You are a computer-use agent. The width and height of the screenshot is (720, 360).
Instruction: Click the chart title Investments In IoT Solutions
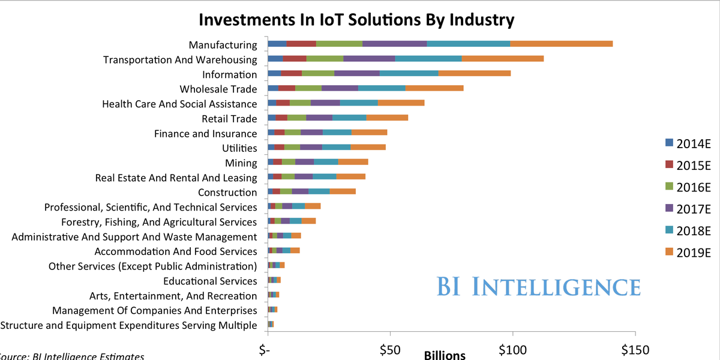pos(356,20)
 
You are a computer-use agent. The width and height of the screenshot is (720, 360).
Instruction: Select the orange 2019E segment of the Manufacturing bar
pos(561,44)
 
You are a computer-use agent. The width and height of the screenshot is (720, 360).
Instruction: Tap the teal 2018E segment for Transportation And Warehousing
pos(428,59)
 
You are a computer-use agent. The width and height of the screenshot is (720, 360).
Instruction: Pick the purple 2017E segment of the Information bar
pos(357,74)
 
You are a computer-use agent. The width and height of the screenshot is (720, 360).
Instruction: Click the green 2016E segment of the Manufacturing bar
pos(339,44)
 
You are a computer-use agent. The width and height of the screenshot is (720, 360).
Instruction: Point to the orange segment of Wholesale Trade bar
pos(434,88)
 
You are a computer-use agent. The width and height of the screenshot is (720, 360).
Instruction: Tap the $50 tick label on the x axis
pos(390,349)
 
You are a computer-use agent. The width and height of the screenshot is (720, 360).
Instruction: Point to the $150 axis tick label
pos(635,349)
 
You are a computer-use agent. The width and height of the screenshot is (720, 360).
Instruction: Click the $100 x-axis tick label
pos(512,349)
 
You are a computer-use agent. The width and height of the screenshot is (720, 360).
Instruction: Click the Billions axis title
pos(445,355)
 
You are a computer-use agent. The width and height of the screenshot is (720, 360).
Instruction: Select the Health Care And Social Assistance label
pos(179,104)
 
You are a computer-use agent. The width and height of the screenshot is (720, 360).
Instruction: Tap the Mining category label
pos(241,163)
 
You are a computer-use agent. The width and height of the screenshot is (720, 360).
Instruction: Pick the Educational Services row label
pos(210,281)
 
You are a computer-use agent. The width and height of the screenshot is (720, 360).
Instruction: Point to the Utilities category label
pos(239,148)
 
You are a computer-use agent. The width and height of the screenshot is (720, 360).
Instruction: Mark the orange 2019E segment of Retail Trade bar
pos(387,118)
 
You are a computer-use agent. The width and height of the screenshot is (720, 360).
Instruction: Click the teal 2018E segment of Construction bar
pos(319,191)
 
